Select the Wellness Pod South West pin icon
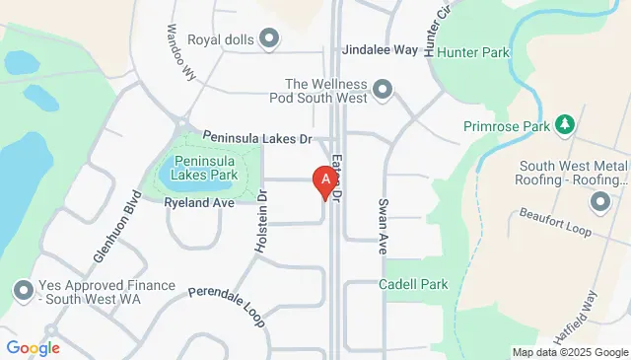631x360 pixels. tap(385, 92)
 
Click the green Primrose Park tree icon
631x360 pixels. tap(565, 125)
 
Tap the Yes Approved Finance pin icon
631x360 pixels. tap(23, 290)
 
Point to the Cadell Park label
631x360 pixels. tap(413, 284)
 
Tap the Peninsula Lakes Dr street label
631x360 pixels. tap(257, 138)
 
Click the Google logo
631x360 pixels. tap(33, 347)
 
